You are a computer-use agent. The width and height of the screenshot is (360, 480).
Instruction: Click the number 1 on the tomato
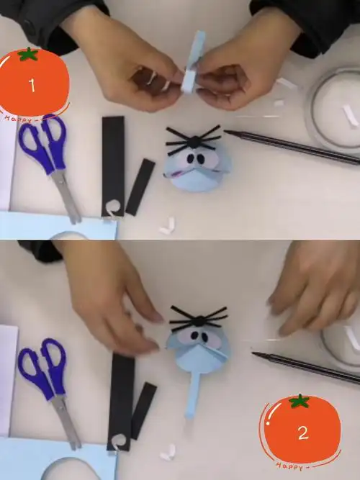pyautogui.click(x=32, y=86)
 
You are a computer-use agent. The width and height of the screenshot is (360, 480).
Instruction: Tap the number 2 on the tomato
pyautogui.click(x=302, y=433)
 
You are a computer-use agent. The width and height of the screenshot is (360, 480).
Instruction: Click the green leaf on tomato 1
pyautogui.click(x=27, y=54)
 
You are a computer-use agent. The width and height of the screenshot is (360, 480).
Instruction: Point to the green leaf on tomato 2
pyautogui.click(x=299, y=401)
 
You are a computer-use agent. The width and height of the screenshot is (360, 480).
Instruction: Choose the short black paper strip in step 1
pyautogui.click(x=140, y=186)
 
